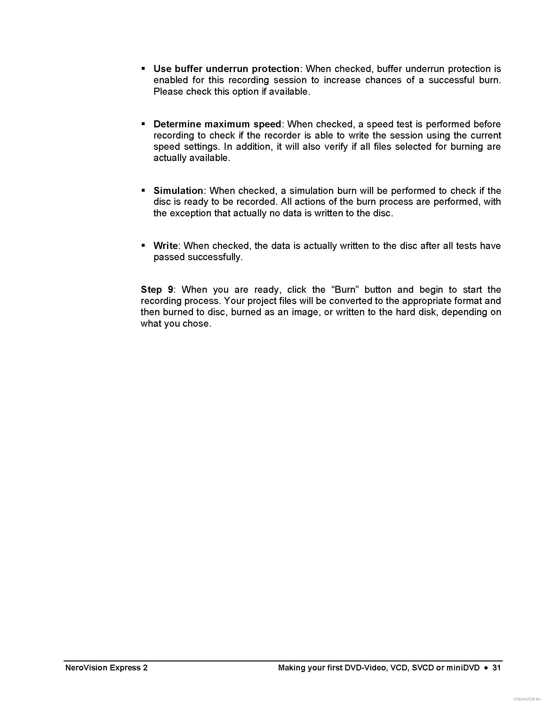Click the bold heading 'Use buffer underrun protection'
[x=226, y=69]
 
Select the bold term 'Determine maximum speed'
[x=217, y=124]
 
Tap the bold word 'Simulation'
[x=178, y=190]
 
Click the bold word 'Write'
[x=166, y=246]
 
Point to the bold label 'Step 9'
[x=156, y=290]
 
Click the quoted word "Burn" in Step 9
[x=345, y=290]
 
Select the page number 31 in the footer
[x=497, y=668]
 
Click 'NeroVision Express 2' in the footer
[x=106, y=668]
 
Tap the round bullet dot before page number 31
[x=486, y=668]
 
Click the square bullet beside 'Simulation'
[x=143, y=190]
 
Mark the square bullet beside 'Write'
[x=143, y=245]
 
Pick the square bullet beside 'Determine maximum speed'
[x=143, y=124]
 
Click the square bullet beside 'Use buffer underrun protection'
[x=143, y=69]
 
